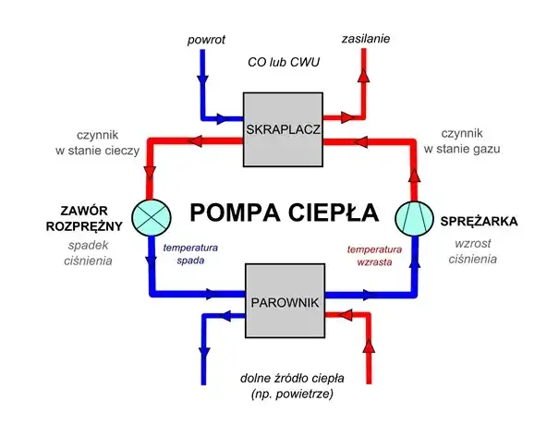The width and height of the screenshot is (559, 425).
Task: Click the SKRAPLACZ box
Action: coord(283,129)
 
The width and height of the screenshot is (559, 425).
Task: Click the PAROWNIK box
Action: coord(283,302)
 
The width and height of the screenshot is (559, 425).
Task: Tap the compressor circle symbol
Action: coord(413,216)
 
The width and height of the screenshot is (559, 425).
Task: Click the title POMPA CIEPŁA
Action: coord(284,212)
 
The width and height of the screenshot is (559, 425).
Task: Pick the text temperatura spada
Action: coord(190,254)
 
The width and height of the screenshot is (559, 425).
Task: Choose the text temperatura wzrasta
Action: coord(374,256)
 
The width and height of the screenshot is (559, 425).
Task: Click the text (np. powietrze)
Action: coord(285,395)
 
